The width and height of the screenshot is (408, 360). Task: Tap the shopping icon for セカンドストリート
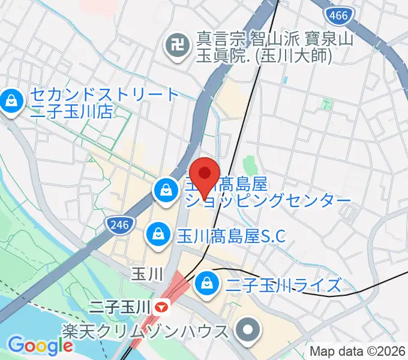11,100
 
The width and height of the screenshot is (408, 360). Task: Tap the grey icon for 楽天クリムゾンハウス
247,330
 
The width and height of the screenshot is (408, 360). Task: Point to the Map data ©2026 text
358,351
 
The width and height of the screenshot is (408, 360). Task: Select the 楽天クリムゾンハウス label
145,331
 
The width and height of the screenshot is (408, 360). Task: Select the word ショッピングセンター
267,200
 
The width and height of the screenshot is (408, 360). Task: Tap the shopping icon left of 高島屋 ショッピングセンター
164,192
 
